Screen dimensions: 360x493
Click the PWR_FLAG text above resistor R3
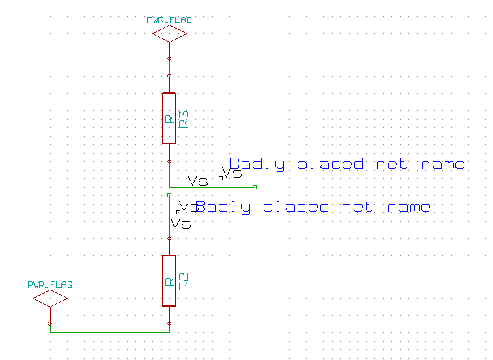169,20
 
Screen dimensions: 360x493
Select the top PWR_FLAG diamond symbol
169,33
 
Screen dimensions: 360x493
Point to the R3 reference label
182,119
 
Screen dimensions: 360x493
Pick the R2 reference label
182,281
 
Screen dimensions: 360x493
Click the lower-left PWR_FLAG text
50,283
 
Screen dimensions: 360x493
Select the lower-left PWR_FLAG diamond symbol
50,298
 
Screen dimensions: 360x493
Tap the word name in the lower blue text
408,207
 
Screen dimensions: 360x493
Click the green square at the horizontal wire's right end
254,186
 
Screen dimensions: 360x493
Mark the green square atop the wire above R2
169,195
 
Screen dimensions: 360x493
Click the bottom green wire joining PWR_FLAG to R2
109,332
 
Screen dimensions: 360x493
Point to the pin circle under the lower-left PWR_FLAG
50,323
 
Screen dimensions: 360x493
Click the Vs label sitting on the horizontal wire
197,181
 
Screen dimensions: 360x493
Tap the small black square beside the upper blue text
220,178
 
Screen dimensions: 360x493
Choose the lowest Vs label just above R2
181,224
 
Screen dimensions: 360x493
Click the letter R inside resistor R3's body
169,119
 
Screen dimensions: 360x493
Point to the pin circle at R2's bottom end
169,323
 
